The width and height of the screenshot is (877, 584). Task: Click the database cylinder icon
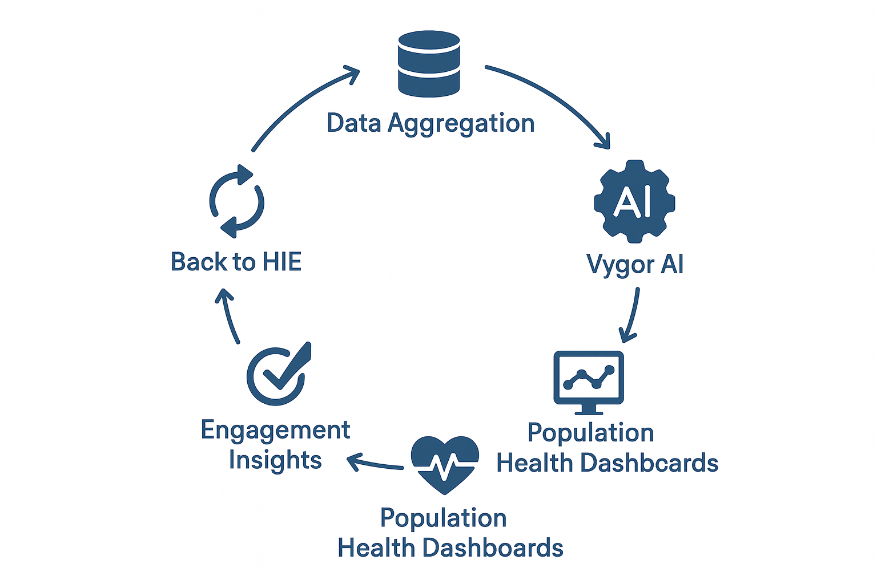coord(429,63)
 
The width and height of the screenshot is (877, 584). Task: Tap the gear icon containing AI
coord(634,201)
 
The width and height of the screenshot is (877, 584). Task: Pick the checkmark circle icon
coord(278,375)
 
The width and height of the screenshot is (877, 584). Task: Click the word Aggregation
coord(461,124)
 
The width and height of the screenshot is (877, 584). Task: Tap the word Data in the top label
coord(353,123)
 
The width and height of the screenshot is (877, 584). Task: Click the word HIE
coord(281,262)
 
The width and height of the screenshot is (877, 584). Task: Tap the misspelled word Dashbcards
coord(649,463)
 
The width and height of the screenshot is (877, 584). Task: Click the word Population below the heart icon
coord(444,518)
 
